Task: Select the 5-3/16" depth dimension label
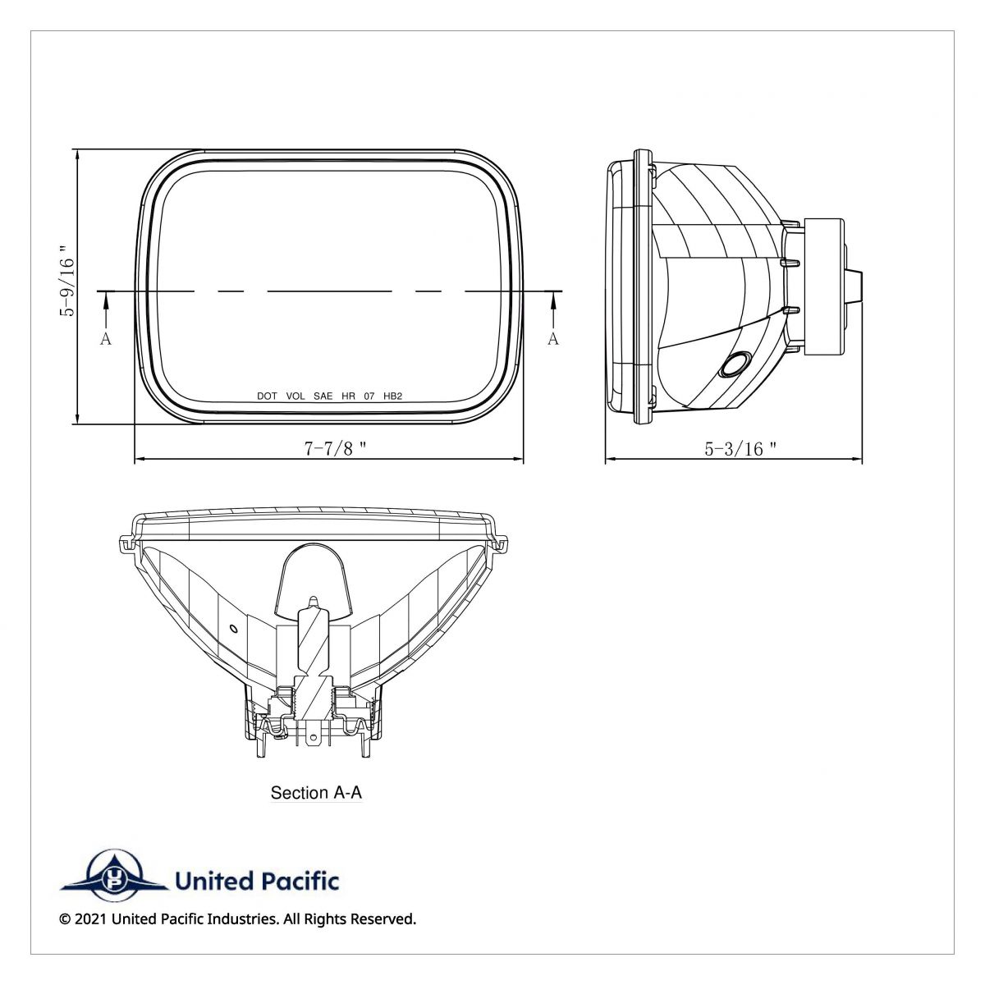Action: pyautogui.click(x=740, y=448)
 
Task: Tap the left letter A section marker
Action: pyautogui.click(x=105, y=339)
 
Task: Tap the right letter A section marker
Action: pyautogui.click(x=553, y=339)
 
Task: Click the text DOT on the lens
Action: pyautogui.click(x=267, y=396)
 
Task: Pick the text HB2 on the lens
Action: pyautogui.click(x=393, y=396)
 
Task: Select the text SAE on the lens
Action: pyautogui.click(x=323, y=396)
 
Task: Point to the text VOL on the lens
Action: pyautogui.click(x=295, y=396)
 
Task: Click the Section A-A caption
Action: pyautogui.click(x=316, y=793)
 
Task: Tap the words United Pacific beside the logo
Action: pyautogui.click(x=256, y=882)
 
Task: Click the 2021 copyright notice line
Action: pyautogui.click(x=238, y=919)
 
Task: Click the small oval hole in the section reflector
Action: pyautogui.click(x=233, y=630)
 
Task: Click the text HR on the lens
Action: pyautogui.click(x=348, y=396)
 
